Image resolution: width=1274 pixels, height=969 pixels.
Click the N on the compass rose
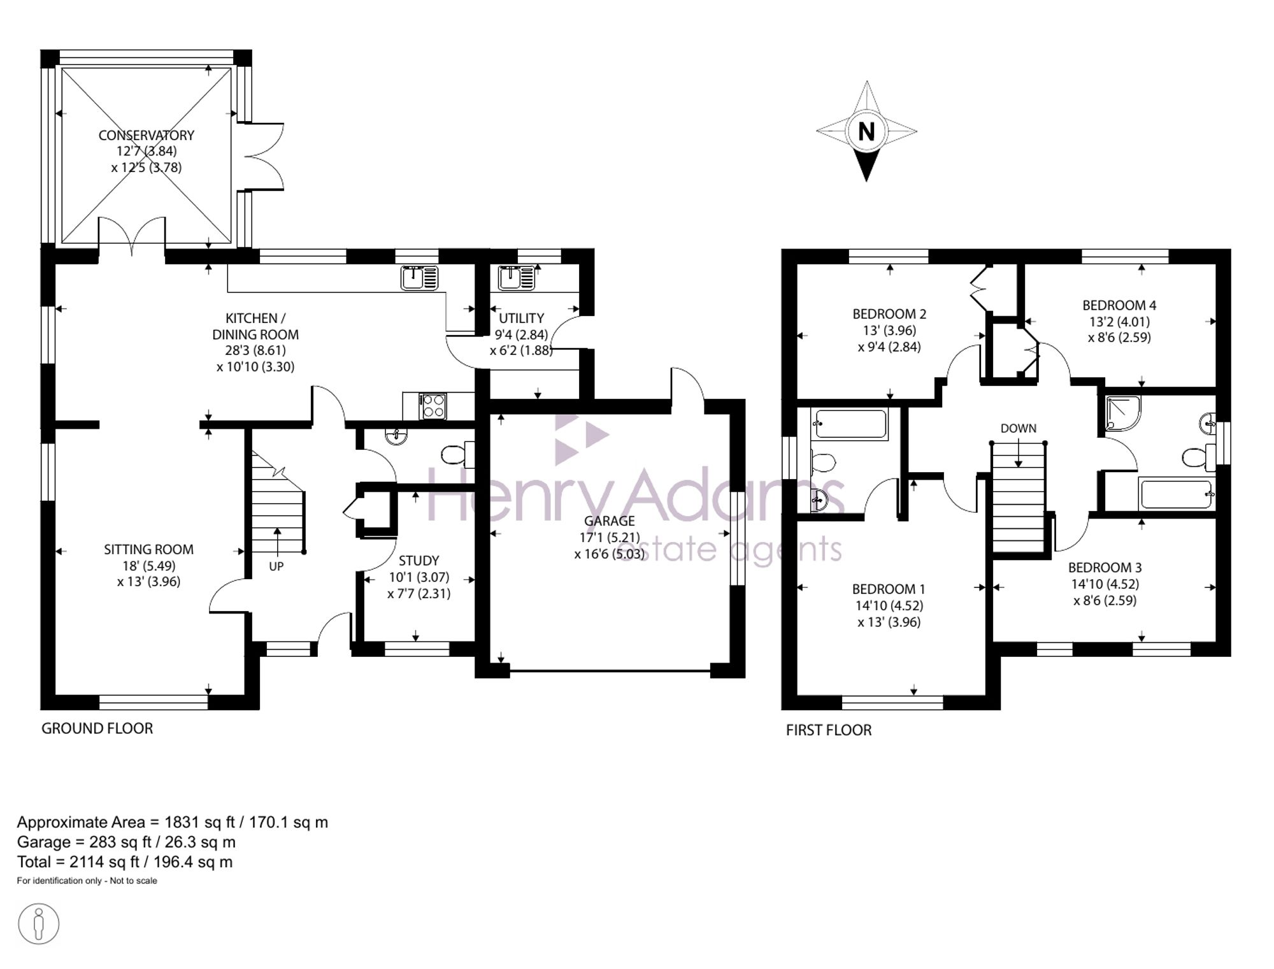point(866,132)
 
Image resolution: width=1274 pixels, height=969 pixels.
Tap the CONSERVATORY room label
point(147,135)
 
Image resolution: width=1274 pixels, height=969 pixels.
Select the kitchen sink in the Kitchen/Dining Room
point(419,278)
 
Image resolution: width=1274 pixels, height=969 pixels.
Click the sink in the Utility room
point(517,278)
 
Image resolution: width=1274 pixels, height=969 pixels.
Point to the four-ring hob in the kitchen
point(433,406)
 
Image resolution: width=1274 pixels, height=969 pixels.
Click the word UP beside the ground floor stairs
point(276,566)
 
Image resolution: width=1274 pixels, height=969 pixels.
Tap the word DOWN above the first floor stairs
point(1018,428)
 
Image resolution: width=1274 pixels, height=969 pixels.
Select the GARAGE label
point(610,521)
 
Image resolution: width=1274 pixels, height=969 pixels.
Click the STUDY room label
point(419,561)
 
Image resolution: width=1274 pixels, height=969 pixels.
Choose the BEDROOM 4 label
point(1119,305)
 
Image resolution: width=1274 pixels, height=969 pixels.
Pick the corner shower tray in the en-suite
point(1122,412)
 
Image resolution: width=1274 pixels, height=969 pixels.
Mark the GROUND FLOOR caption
point(97,728)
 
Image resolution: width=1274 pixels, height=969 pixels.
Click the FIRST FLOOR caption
point(829,730)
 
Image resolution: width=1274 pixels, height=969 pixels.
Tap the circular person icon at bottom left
point(39,923)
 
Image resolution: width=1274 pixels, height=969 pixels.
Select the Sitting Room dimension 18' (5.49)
point(148,566)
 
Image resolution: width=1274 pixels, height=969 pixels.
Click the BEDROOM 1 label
point(889,589)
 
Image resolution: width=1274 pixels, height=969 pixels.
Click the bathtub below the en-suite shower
point(1177,494)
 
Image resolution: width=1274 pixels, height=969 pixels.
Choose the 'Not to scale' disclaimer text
point(133,881)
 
